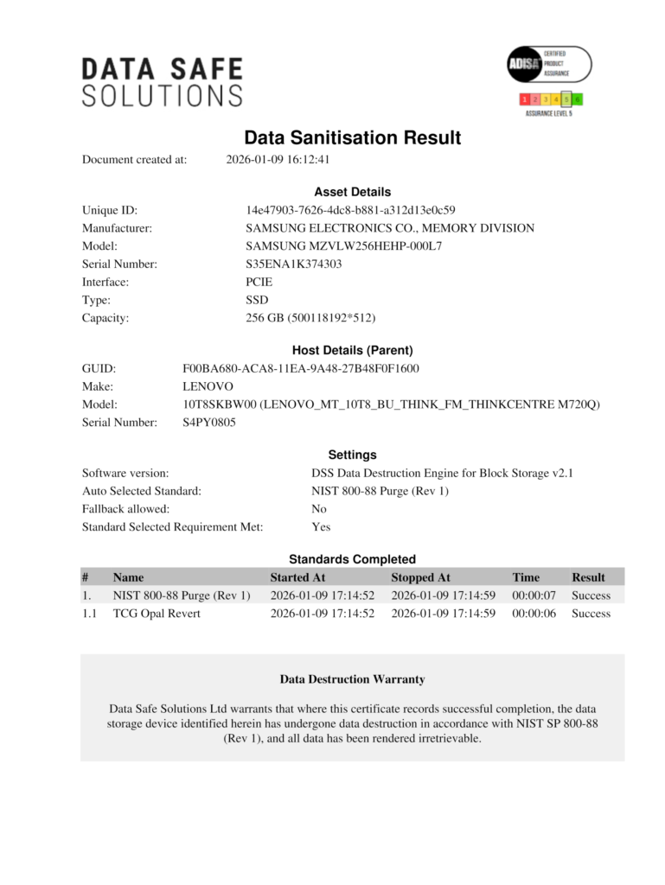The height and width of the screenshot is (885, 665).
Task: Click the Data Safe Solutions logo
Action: pos(162,82)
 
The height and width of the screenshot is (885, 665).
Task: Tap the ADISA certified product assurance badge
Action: pos(548,65)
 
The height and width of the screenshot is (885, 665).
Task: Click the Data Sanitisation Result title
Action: pos(352,138)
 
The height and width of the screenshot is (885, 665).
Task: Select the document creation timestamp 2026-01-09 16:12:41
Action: pos(278,160)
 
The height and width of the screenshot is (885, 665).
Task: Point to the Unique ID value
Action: pos(350,210)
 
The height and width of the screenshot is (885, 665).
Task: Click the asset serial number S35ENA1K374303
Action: pos(293,264)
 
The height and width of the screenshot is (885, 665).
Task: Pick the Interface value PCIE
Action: pos(260,282)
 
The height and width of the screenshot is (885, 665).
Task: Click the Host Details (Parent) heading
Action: pos(352,350)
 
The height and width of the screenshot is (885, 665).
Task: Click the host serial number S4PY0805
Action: pos(208,423)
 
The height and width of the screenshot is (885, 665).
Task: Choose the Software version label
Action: pos(125,473)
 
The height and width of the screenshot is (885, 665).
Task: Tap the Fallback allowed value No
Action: pos(318,509)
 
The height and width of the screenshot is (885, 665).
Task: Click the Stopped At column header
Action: pos(420,577)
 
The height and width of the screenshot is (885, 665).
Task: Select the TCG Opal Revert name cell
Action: pos(157,614)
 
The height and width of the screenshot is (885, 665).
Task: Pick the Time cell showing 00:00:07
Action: pos(534,595)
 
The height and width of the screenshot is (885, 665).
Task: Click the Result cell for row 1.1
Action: pos(591,614)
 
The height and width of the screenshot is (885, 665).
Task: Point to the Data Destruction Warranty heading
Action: pos(352,679)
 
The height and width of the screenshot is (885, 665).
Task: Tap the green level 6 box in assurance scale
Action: pos(577,99)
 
